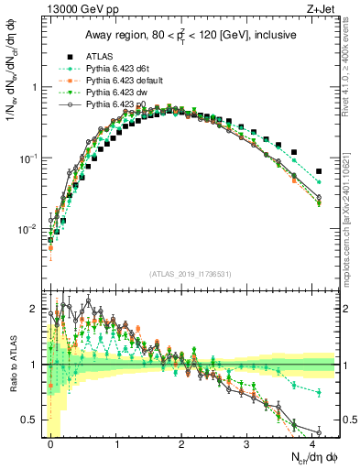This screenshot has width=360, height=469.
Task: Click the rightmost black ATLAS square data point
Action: pos(319,171)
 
